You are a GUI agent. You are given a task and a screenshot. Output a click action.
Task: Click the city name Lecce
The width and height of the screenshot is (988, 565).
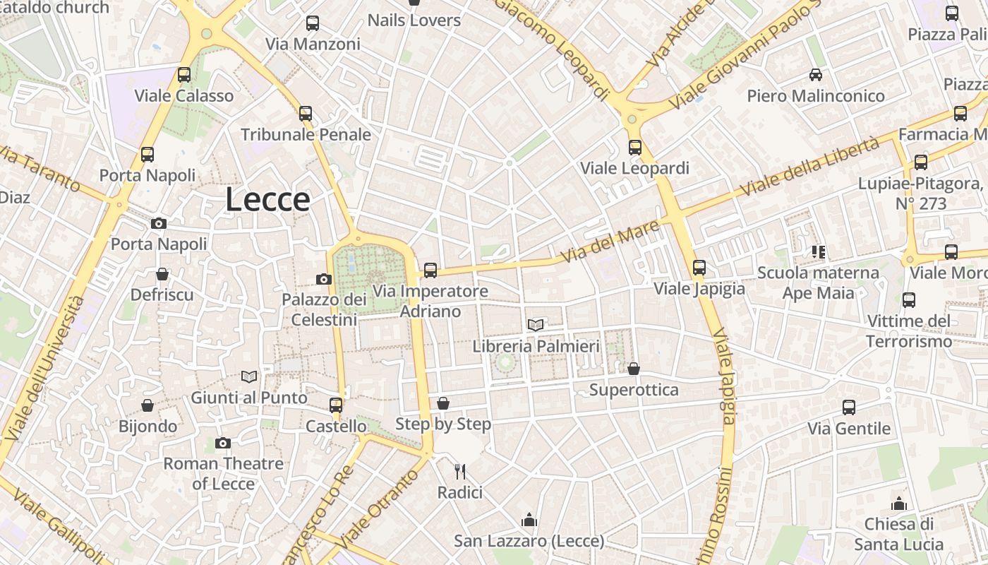(267, 200)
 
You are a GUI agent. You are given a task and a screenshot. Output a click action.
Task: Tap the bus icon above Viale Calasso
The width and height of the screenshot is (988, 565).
(184, 74)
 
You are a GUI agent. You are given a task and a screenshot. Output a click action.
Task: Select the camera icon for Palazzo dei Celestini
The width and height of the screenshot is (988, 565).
(324, 279)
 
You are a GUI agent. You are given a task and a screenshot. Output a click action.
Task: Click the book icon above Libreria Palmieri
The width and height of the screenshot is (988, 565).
(536, 325)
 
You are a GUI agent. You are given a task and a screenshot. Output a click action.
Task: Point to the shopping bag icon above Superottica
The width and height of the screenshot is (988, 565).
(634, 369)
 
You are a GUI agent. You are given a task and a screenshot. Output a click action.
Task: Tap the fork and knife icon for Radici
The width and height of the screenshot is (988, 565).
(459, 470)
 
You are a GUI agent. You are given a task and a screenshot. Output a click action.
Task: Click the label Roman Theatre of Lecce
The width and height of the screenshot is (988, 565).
(223, 473)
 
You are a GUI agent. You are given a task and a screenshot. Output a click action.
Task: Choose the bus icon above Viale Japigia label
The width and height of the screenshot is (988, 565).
(699, 267)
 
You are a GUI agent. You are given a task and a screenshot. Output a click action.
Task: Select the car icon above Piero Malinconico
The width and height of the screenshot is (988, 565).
(816, 74)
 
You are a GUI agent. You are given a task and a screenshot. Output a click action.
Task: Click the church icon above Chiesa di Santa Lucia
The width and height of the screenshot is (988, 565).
(898, 504)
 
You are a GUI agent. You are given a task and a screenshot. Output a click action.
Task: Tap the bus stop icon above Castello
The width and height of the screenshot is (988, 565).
(336, 405)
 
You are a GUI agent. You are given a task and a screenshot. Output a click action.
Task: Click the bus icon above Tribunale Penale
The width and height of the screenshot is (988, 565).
(306, 113)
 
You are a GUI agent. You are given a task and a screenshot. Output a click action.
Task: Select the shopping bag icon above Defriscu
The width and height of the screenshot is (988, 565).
(162, 274)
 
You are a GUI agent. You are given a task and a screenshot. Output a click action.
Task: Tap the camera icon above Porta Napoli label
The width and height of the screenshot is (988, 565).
(159, 223)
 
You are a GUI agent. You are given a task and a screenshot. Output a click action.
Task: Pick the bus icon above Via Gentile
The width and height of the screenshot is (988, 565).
(849, 408)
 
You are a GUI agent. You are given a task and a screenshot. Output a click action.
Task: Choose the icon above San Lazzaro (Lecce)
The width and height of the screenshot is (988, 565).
(529, 521)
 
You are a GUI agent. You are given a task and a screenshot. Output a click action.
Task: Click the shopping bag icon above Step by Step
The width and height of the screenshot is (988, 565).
(443, 403)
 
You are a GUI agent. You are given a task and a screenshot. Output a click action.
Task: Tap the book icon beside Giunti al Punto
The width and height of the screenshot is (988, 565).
(248, 376)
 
